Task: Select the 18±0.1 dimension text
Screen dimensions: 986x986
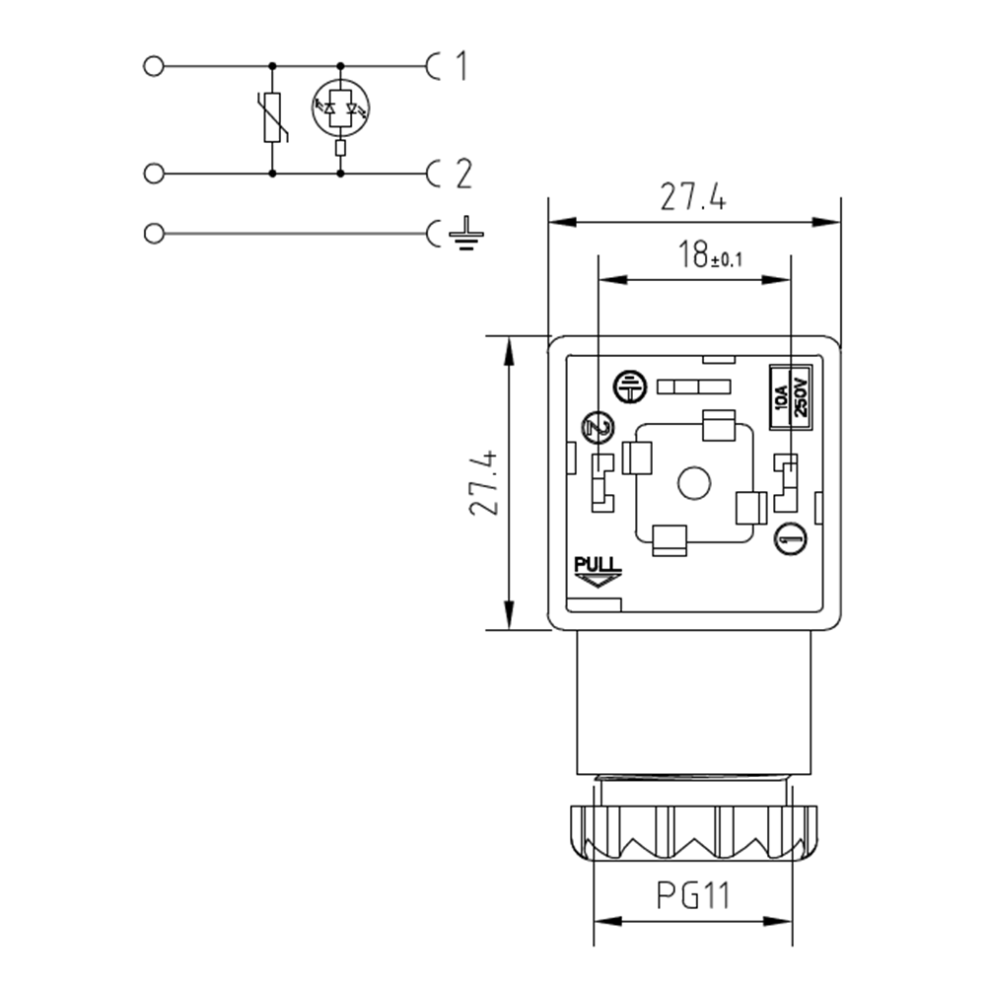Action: [x=709, y=255]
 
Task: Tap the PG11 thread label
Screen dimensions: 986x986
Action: [x=692, y=896]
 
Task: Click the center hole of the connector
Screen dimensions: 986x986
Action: [x=695, y=484]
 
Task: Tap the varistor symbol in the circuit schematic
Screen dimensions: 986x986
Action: [x=273, y=118]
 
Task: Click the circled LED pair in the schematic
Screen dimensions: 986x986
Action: [x=340, y=106]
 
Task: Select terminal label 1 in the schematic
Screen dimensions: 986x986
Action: [x=460, y=67]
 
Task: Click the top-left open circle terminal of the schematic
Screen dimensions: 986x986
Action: [x=153, y=67]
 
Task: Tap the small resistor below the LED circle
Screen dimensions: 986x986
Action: [x=340, y=149]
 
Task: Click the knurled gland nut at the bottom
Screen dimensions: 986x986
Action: [x=692, y=833]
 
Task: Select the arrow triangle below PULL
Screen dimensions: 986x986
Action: [x=597, y=582]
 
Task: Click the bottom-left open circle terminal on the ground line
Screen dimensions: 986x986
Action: [x=153, y=234]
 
